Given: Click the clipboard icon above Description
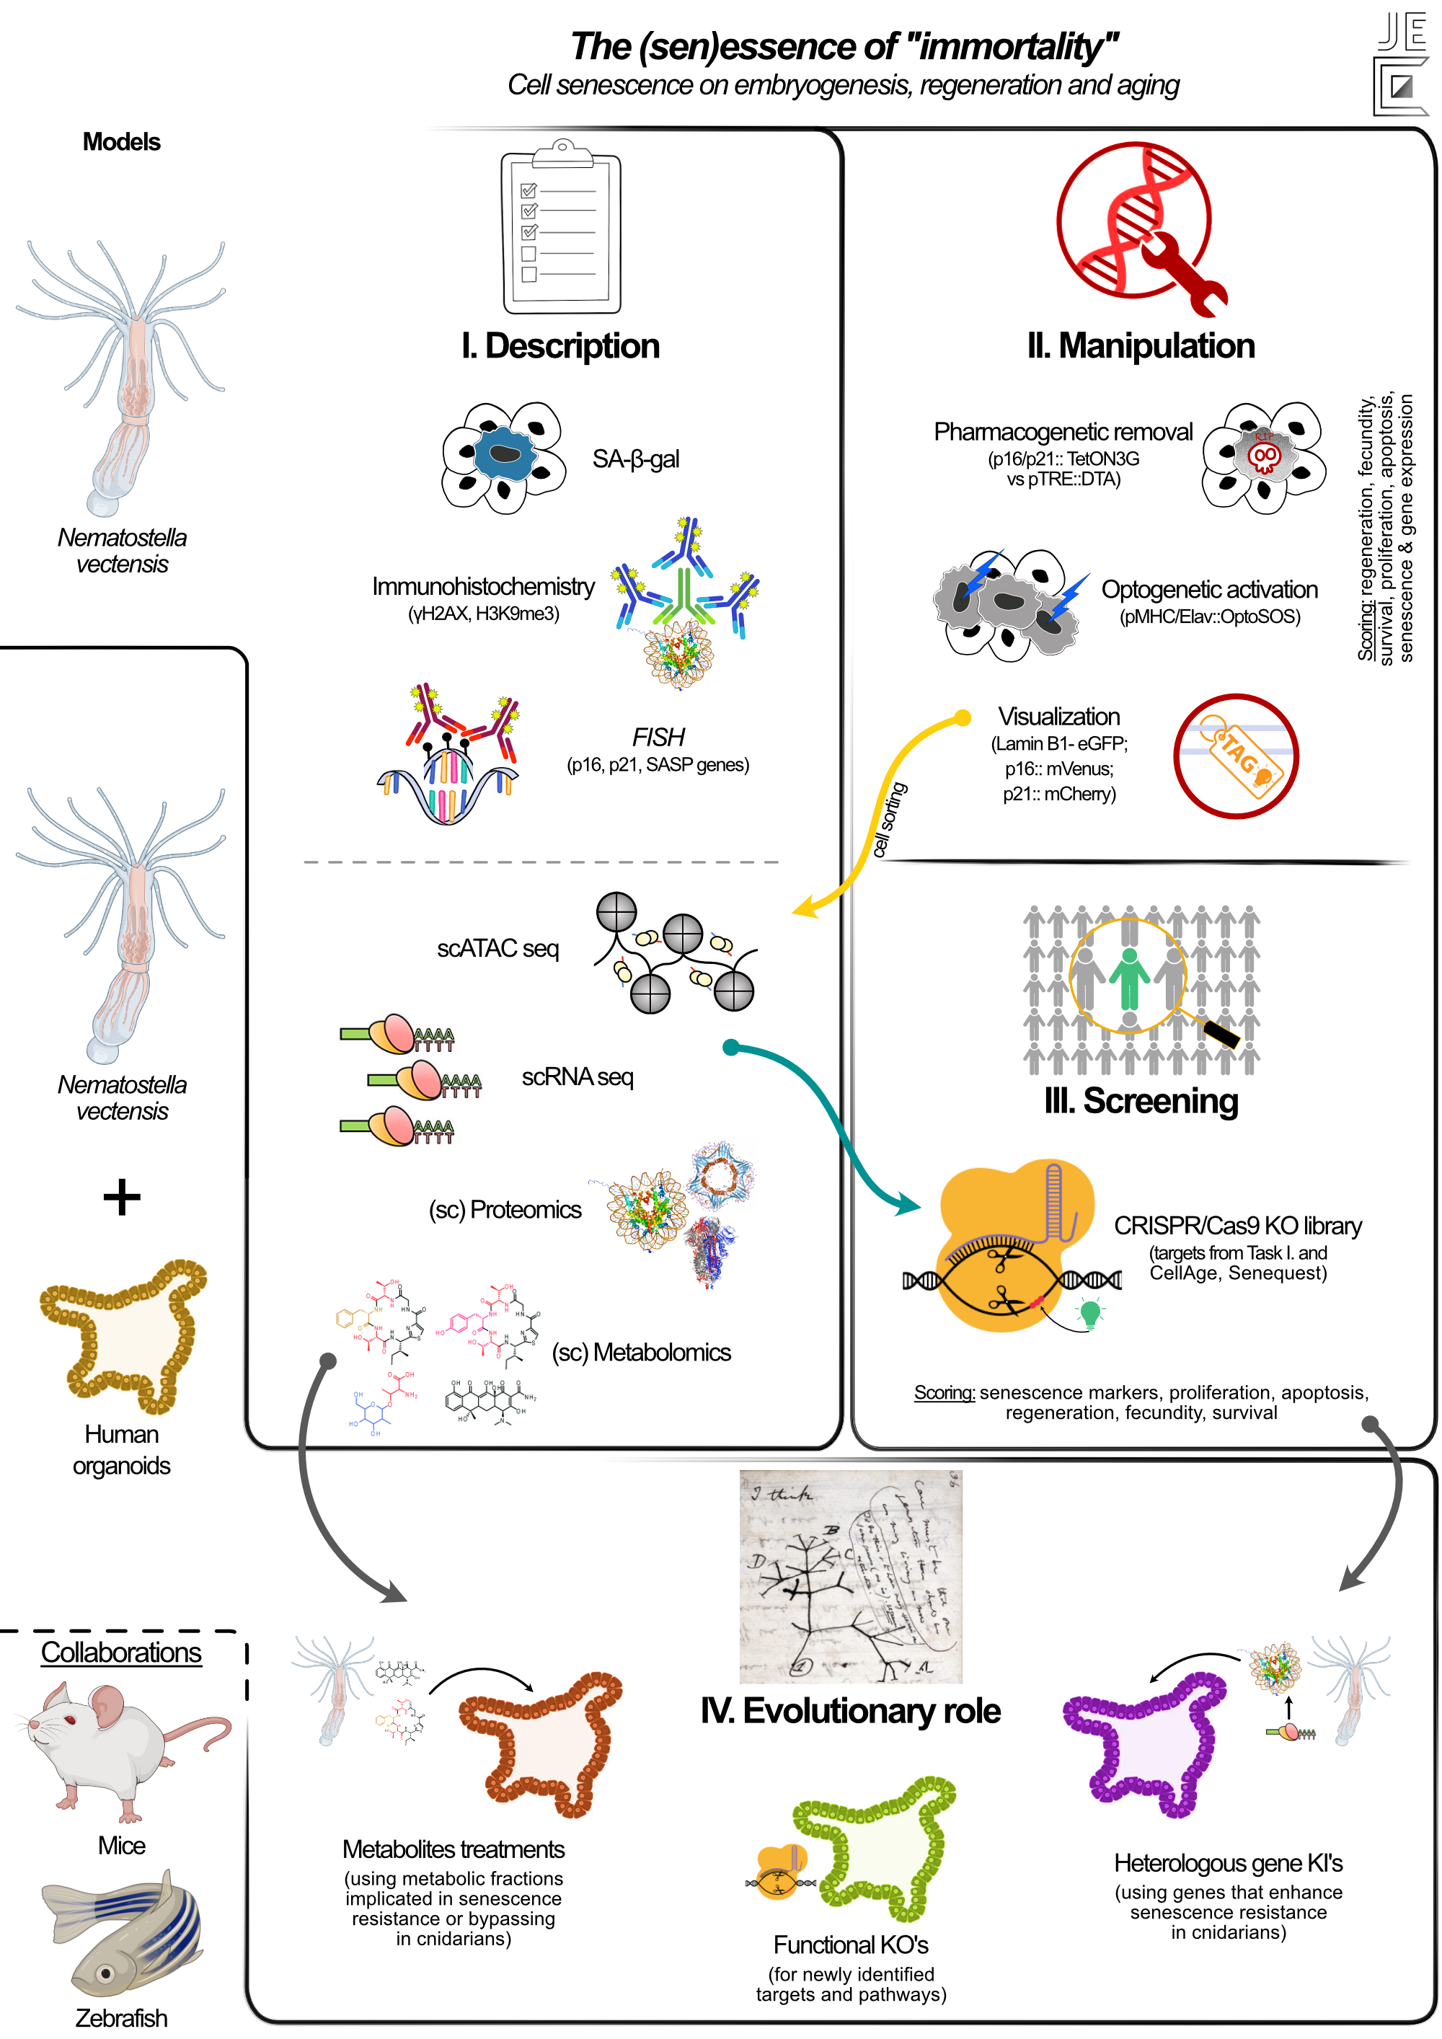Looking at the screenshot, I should pos(561,229).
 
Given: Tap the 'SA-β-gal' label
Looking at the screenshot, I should pos(636,459).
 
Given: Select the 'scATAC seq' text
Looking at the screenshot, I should pos(497,948).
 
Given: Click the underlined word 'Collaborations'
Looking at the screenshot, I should pos(122,1653).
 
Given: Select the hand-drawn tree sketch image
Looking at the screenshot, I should pos(850,1575).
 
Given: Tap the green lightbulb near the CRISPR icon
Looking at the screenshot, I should pos(1089,1312).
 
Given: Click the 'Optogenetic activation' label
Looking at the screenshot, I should pos(1208,590).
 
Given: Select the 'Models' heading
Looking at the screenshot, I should pos(122,142).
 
